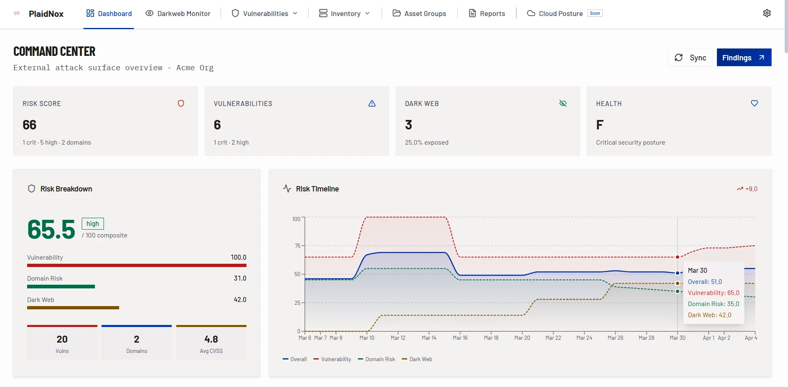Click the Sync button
click(x=690, y=58)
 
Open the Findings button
click(x=744, y=58)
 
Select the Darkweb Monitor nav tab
click(x=178, y=14)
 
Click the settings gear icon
click(x=767, y=13)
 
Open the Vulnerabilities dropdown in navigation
click(x=265, y=14)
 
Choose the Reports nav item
click(x=487, y=14)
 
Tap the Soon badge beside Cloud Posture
click(x=594, y=13)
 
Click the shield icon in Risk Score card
click(x=181, y=104)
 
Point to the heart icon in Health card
click(x=754, y=104)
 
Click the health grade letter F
click(x=600, y=125)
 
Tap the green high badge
click(x=93, y=223)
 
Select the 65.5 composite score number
click(x=51, y=229)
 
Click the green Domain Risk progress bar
click(x=61, y=286)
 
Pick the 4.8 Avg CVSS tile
click(x=211, y=343)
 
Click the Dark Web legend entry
click(x=417, y=359)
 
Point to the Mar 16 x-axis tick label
click(x=460, y=338)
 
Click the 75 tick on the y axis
click(x=297, y=246)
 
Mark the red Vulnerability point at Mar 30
click(x=677, y=257)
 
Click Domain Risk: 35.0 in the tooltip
click(x=713, y=304)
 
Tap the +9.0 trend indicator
click(x=747, y=189)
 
